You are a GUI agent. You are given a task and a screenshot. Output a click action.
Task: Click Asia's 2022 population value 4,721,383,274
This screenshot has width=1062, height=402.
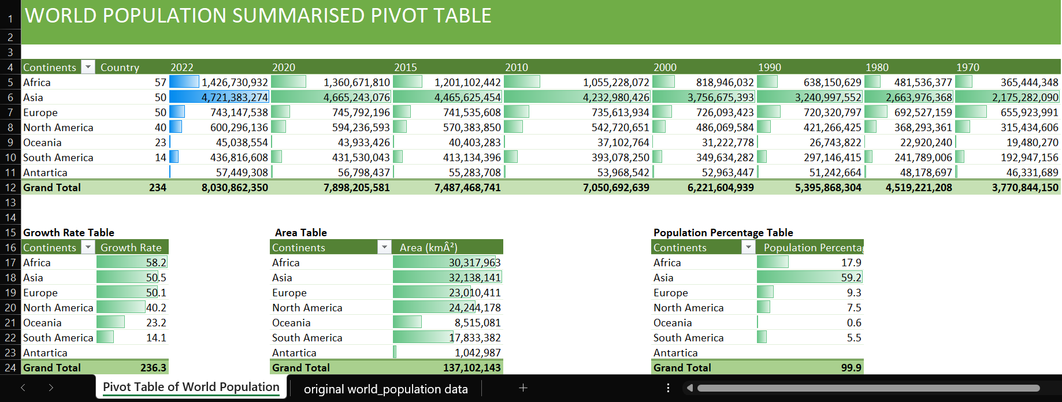click(234, 98)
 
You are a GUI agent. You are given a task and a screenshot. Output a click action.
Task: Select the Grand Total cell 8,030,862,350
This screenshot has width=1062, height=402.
click(234, 188)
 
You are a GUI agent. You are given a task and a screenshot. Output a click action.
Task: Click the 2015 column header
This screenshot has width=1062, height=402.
click(406, 68)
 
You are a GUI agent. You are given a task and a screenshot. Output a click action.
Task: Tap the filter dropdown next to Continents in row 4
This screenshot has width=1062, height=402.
click(88, 67)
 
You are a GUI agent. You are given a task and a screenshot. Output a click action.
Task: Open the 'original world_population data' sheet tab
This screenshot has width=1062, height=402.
click(385, 389)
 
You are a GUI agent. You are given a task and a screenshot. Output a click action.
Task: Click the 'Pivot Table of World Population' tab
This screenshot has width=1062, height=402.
click(191, 387)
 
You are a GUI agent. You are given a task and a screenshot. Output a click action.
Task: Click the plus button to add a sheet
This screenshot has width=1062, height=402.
click(523, 388)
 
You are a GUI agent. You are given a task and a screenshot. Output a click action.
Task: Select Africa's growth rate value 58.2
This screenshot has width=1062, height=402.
click(156, 263)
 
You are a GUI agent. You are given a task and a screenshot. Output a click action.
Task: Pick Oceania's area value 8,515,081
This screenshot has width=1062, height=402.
click(477, 323)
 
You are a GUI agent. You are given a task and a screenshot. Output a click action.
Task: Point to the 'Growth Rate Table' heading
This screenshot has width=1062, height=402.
click(69, 233)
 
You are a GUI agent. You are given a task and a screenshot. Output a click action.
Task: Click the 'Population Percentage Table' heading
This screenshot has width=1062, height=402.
click(723, 233)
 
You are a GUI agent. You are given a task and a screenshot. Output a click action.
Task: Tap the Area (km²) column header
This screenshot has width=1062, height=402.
click(428, 248)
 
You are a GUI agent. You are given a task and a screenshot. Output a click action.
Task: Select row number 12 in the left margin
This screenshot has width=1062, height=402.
click(10, 188)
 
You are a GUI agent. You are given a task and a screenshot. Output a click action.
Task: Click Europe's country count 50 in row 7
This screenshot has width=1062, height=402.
click(160, 113)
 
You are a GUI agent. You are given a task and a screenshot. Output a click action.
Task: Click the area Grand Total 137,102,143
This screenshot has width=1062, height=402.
click(471, 368)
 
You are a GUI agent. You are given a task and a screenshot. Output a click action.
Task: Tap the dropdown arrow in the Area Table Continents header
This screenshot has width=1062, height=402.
click(384, 247)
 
